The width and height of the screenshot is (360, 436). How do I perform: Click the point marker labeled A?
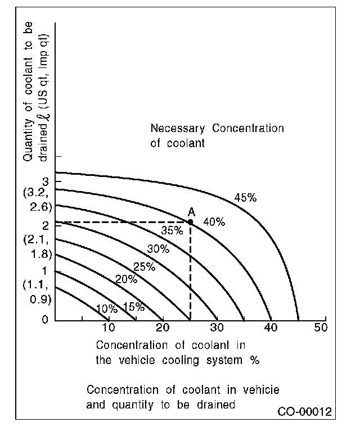point(190,222)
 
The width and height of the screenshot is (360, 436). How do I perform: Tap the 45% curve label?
point(245,198)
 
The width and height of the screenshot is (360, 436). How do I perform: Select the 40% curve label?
point(214,222)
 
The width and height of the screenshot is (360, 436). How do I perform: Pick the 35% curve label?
point(172,230)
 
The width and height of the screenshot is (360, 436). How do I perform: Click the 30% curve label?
point(158,249)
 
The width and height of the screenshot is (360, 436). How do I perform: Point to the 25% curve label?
point(144,266)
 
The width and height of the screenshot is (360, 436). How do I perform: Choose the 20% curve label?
point(126,279)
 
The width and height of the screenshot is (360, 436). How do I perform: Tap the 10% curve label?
point(107,308)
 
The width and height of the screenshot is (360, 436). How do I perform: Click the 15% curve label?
point(133,307)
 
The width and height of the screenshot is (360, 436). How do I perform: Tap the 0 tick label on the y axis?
point(44,320)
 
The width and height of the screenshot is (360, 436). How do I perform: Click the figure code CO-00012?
point(304,412)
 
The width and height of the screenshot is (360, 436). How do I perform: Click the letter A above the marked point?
point(191,212)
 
